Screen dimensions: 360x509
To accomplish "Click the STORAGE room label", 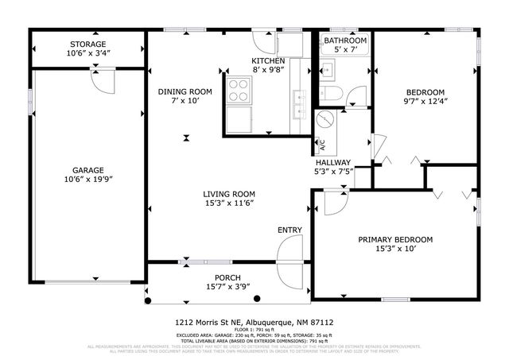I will pos(87,44).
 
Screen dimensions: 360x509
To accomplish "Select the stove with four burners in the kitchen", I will pos(238,92).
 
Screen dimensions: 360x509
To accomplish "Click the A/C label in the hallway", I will pos(323,145).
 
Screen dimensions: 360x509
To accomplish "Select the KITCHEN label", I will pos(269,61).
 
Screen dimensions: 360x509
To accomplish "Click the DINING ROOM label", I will pos(185,91).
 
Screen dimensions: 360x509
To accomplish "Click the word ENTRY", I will pos(289,230).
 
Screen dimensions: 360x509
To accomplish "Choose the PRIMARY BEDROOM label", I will pos(394,240).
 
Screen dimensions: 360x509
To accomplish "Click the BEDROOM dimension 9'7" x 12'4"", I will pos(425,101).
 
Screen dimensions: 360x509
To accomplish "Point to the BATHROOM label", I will pos(344,41).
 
